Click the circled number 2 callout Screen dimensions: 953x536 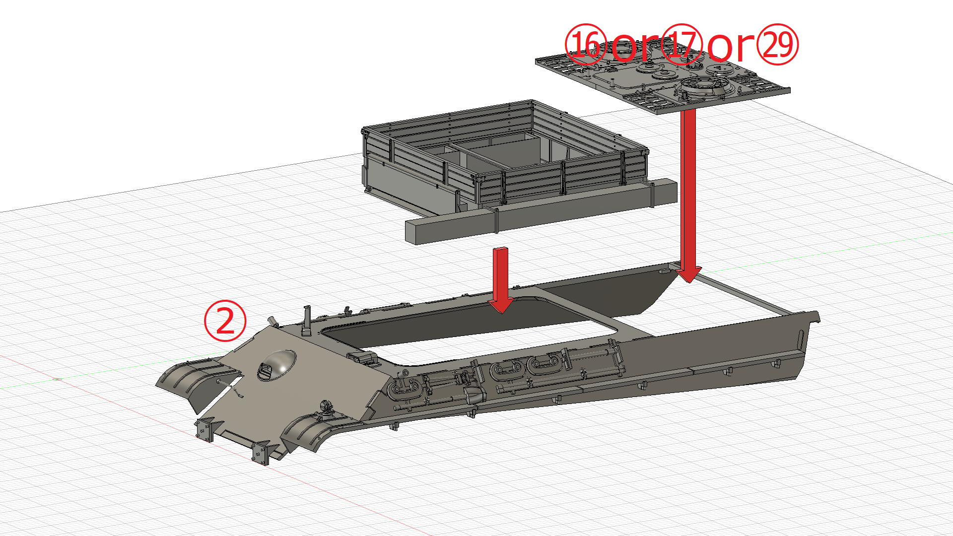tap(225, 321)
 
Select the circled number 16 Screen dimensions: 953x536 tap(586, 45)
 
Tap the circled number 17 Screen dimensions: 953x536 tap(682, 45)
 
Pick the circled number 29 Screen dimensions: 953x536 tap(777, 45)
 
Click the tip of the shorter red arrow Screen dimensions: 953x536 tap(501, 313)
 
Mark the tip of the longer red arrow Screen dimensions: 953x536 tap(689, 282)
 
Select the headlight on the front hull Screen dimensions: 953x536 tap(326, 406)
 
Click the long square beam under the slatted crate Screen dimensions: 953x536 tap(541, 211)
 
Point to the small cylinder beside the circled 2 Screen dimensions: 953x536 tap(272, 321)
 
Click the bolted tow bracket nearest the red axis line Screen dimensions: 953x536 tap(205, 430)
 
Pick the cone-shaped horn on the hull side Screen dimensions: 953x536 tap(475, 396)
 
